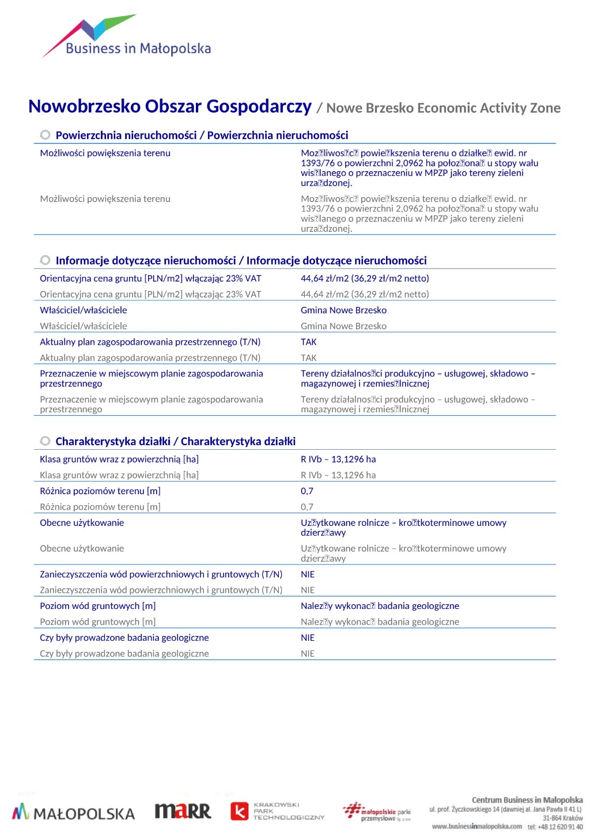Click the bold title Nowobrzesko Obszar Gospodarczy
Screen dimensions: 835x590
pyautogui.click(x=170, y=107)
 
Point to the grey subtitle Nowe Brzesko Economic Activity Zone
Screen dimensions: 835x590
pyautogui.click(x=443, y=108)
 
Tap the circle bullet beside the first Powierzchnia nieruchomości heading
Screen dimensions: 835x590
pyautogui.click(x=45, y=135)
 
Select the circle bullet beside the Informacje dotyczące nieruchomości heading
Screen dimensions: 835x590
pyautogui.click(x=45, y=260)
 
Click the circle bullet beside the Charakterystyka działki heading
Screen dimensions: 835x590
pyautogui.click(x=45, y=441)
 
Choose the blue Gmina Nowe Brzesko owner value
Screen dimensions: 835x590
pyautogui.click(x=343, y=310)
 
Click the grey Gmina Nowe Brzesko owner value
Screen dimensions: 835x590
pyautogui.click(x=343, y=326)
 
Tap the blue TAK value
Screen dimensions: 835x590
pyautogui.click(x=309, y=342)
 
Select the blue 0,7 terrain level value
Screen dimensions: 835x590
pyautogui.click(x=307, y=491)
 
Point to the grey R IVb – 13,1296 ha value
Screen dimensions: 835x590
pyautogui.click(x=338, y=475)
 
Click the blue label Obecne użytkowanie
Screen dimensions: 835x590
pyautogui.click(x=82, y=523)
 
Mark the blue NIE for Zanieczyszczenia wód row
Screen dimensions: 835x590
pyautogui.click(x=308, y=574)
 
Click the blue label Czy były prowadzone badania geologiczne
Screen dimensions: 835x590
pyautogui.click(x=124, y=638)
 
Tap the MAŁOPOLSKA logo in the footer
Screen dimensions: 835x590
pyautogui.click(x=73, y=813)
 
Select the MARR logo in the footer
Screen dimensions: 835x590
pyautogui.click(x=183, y=811)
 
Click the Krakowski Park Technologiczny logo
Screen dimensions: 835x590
pyautogui.click(x=278, y=811)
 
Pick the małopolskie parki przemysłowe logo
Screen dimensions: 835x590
pyautogui.click(x=377, y=811)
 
